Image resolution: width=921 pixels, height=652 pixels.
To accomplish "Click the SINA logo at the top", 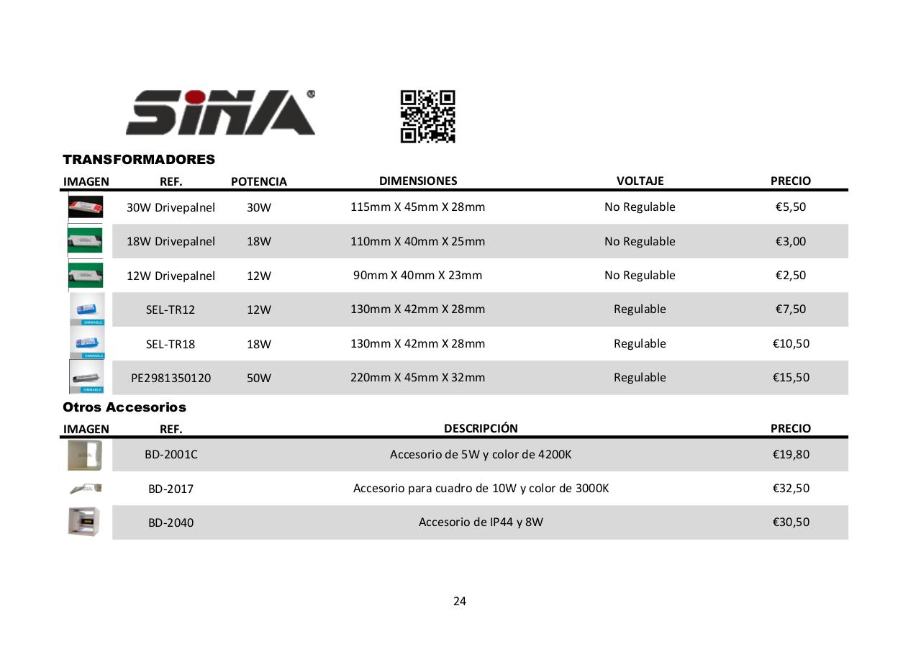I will pos(220,112).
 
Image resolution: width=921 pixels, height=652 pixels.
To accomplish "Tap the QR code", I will pos(427,116).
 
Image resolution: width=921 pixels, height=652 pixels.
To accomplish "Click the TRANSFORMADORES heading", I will pos(139,159).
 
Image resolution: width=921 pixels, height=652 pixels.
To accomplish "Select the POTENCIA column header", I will pos(258,181).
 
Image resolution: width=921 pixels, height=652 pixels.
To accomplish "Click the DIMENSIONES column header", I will pos(418,181).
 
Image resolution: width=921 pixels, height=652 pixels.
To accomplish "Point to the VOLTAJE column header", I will pos(640,181).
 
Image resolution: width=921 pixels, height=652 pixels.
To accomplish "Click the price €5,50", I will pos(790,207).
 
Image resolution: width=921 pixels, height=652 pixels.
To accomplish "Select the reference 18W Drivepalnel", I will pos(171,241).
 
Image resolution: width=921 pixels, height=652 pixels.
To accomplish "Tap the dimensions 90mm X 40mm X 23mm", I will pos(417,275).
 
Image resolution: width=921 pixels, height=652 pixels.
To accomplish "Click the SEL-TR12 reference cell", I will pos(171,309).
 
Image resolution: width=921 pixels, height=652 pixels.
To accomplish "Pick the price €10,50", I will pos(790,343).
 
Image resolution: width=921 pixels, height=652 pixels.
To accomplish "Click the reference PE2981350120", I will pos(171,378).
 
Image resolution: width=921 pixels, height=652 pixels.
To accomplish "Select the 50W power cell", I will pos(258,378).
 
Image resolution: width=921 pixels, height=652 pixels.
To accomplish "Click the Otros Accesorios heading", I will pos(124,407).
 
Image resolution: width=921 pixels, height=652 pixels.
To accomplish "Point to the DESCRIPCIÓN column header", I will pos(481,428).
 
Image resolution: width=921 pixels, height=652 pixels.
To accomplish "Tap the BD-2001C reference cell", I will pos(171,455).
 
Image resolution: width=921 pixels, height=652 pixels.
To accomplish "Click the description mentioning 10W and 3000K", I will pos(481,488).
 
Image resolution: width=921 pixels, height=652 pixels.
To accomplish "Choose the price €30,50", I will pos(790,522).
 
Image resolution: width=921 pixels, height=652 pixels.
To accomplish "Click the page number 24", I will pos(460,601).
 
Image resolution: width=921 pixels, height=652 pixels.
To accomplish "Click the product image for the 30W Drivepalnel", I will pos(86,207).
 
